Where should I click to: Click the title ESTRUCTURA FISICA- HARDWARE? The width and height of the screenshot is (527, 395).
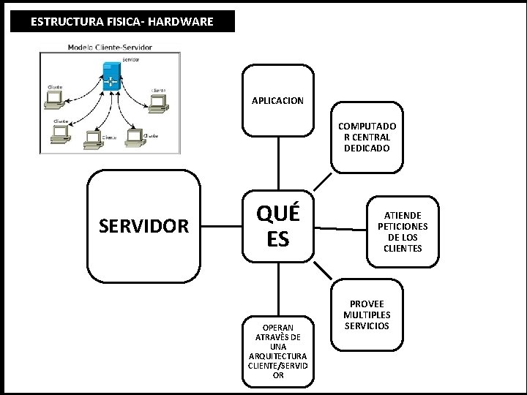(x=122, y=22)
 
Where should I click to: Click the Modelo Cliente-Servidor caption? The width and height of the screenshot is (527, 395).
(x=115, y=48)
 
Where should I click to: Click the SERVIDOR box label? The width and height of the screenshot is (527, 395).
(x=143, y=226)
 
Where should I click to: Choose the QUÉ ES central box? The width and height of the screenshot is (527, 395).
(x=277, y=226)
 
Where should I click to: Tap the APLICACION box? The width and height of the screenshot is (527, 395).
(x=277, y=99)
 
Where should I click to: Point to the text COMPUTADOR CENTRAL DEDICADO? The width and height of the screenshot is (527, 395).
(x=365, y=137)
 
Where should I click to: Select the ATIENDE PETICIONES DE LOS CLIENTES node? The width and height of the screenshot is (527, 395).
(x=402, y=232)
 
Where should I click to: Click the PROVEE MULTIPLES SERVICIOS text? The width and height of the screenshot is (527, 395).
(x=370, y=315)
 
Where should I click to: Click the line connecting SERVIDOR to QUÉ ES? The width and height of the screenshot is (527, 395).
(x=221, y=227)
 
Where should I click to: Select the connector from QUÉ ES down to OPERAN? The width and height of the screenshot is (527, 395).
(x=277, y=290)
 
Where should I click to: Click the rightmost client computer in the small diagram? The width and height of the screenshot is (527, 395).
(x=157, y=107)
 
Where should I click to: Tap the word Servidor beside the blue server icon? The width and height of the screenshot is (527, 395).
(x=130, y=59)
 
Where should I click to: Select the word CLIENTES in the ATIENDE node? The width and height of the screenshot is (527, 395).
(x=402, y=248)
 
